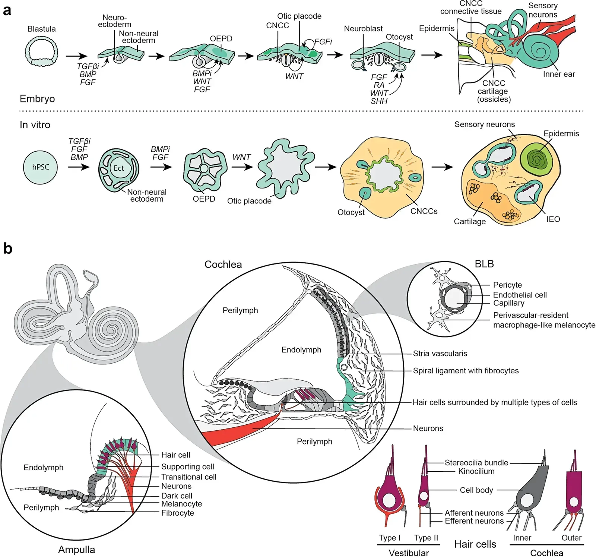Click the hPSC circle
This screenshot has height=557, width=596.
click(40, 167)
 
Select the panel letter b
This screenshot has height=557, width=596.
click(7, 248)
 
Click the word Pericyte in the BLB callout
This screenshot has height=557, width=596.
click(507, 285)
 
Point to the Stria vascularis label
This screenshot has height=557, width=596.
click(440, 354)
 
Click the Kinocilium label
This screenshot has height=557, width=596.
click(476, 471)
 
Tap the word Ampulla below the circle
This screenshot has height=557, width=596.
click(76, 550)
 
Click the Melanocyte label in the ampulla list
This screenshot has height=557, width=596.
click(181, 504)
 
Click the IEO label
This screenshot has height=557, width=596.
click(553, 219)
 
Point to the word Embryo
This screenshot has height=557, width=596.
click(37, 99)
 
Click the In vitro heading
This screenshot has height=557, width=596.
click(35, 125)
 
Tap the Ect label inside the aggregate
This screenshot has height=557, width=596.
click(119, 168)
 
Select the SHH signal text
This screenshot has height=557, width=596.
click(379, 101)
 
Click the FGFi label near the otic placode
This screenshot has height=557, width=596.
click(323, 42)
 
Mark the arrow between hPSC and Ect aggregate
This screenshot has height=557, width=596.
click(79, 167)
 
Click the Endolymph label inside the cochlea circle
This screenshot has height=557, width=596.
click(301, 350)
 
